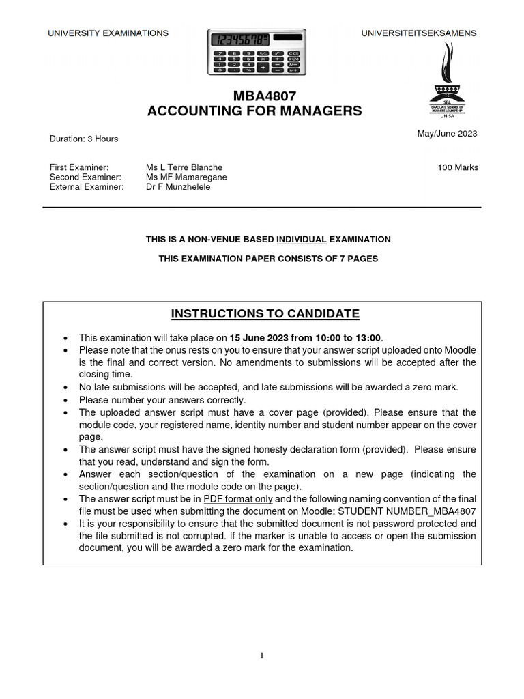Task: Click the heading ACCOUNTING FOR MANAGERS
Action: [x=254, y=111]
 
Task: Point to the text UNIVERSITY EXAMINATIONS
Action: [x=108, y=33]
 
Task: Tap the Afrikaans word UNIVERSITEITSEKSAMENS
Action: [x=419, y=33]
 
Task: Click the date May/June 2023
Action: [x=447, y=134]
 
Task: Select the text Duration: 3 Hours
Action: [x=84, y=139]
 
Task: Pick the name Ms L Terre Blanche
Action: [x=184, y=167]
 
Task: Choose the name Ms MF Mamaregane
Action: [x=186, y=177]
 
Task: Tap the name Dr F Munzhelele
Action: [x=178, y=186]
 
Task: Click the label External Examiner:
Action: [x=87, y=186]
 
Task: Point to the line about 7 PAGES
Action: [x=268, y=259]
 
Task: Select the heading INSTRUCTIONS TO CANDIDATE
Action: [x=265, y=314]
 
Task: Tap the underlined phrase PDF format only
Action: [x=238, y=499]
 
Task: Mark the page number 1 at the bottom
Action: [x=261, y=656]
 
